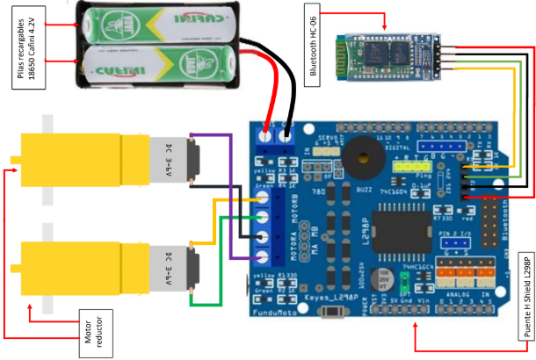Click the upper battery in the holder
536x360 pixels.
159,25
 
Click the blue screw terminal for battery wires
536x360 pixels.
277,136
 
